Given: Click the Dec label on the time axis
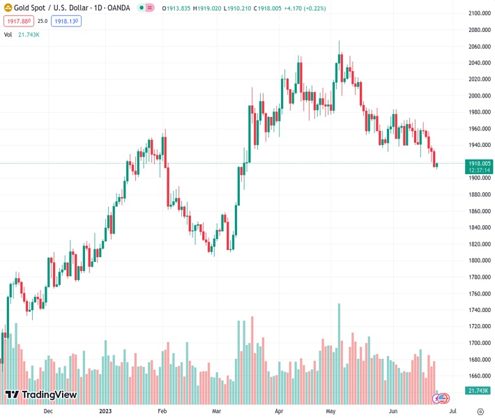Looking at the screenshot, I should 48,411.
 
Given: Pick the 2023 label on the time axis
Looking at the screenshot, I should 105,411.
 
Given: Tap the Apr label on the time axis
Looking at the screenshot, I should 279,411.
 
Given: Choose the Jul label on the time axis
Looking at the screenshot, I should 453,411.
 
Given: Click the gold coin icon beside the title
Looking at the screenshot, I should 8,8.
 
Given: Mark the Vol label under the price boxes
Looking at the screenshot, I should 8,34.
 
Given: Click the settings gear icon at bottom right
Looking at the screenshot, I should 480,411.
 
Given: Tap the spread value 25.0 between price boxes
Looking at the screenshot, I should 43,22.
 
